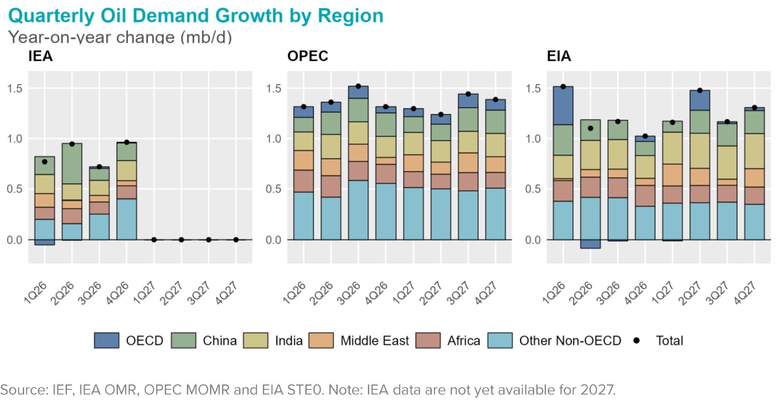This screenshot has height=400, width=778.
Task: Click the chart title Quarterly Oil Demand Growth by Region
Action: [196, 16]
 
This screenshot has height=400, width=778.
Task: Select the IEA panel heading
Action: [40, 56]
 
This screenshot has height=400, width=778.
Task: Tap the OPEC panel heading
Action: [308, 56]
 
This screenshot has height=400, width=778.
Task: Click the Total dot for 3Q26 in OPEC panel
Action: [359, 86]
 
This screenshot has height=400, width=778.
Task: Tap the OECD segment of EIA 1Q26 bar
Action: [563, 105]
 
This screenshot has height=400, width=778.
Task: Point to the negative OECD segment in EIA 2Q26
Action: [590, 244]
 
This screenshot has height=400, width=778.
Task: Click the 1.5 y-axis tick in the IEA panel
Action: [14, 88]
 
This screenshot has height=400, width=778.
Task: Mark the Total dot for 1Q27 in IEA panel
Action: [154, 240]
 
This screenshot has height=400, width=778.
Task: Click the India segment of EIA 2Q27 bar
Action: [699, 150]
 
